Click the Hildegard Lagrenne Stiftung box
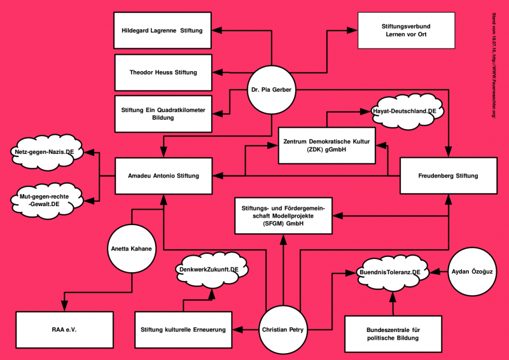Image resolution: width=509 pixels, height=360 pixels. click(x=162, y=30)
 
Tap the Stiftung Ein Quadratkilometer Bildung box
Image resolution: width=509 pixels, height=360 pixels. click(x=162, y=114)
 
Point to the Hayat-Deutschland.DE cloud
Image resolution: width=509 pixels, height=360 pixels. click(x=404, y=111)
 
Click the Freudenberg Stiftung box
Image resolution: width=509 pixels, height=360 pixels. click(x=448, y=176)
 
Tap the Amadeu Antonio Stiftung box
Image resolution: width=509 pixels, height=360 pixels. click(x=164, y=176)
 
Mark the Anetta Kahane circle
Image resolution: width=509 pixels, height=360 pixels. click(x=130, y=249)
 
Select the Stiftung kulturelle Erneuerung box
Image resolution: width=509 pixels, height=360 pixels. click(x=184, y=329)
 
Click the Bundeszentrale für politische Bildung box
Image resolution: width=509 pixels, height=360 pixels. click(x=393, y=333)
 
